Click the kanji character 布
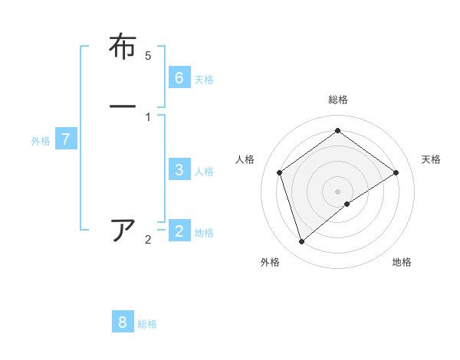pyautogui.click(x=123, y=47)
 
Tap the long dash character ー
pyautogui.click(x=123, y=105)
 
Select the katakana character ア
pyautogui.click(x=123, y=230)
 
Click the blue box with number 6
pyautogui.click(x=179, y=77)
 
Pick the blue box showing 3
pyautogui.click(x=179, y=169)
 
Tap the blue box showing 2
pyautogui.click(x=179, y=231)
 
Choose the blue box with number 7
pyautogui.click(x=66, y=139)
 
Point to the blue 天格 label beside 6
pyautogui.click(x=204, y=80)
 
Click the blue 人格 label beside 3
pyautogui.click(x=204, y=172)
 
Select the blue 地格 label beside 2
pyautogui.click(x=204, y=233)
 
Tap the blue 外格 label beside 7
pyautogui.click(x=41, y=141)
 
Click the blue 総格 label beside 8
pyautogui.click(x=147, y=325)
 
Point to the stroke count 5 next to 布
pyautogui.click(x=148, y=56)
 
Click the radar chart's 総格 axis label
pyautogui.click(x=338, y=100)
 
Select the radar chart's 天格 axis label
pyautogui.click(x=431, y=159)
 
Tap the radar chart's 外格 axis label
pyautogui.click(x=270, y=262)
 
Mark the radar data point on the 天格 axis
pyautogui.click(x=396, y=172)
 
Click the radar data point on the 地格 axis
pyautogui.click(x=347, y=204)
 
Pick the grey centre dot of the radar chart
pyautogui.click(x=338, y=191)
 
